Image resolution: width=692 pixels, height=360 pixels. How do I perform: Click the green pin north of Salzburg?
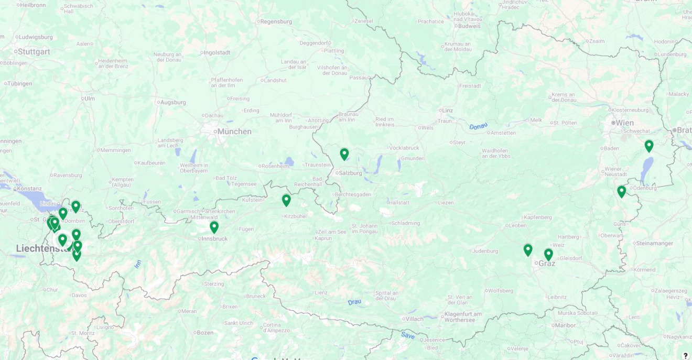point(344,154)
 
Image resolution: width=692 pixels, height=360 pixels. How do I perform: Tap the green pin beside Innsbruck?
point(214,227)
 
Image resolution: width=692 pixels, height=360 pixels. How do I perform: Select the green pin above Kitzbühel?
point(286,200)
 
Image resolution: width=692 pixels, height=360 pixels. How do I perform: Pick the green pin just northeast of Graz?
point(548,254)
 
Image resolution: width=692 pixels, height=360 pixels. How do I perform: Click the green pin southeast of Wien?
point(649,146)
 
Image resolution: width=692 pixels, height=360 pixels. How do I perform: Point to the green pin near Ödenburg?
point(621,191)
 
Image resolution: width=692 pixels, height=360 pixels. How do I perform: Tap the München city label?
point(234,132)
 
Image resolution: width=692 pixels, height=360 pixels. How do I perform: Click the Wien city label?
point(624,123)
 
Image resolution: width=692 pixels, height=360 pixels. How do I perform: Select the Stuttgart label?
point(34,51)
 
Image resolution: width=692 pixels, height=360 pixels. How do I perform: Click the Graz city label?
point(547,263)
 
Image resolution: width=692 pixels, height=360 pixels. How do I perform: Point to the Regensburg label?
point(276,21)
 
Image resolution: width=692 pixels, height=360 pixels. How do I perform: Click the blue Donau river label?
point(478,126)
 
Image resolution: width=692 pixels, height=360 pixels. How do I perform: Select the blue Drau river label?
point(354,302)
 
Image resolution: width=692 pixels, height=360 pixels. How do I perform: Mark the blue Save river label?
point(408,335)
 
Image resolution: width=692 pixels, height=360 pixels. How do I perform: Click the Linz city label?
point(447,110)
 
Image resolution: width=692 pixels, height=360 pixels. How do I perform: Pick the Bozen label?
point(205,332)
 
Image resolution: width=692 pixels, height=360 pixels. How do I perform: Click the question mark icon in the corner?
point(685,355)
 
